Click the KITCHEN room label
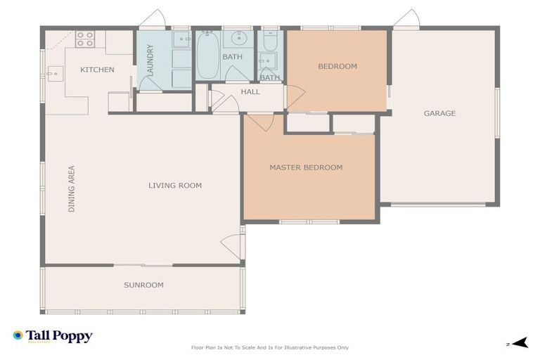click(97, 70)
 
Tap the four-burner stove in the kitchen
click(85, 39)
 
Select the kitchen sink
click(55, 71)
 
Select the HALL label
click(250, 92)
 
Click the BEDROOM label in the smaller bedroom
click(337, 67)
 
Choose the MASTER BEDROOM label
click(306, 167)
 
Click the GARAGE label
click(439, 113)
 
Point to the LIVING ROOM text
click(175, 186)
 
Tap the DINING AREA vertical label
click(71, 189)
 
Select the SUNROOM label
click(143, 285)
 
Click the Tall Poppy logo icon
click(18, 336)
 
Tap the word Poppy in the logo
click(73, 336)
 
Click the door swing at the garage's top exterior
click(408, 18)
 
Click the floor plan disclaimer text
click(269, 347)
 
